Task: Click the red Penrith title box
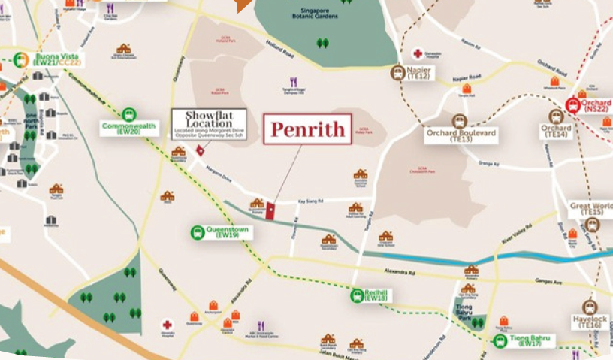(308, 129)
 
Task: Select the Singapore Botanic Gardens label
(325, 18)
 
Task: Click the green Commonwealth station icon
(128, 114)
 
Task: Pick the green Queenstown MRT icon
(198, 233)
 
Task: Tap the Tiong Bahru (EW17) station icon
(500, 340)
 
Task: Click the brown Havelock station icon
(590, 307)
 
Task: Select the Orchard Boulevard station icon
(459, 121)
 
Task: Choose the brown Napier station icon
(398, 73)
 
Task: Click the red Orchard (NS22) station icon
(574, 105)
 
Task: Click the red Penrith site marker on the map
(272, 210)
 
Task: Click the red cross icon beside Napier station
(417, 54)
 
